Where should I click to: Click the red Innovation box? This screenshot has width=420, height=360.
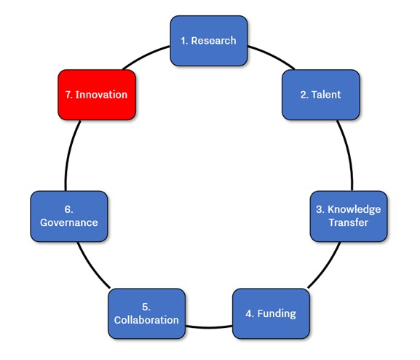click(x=97, y=95)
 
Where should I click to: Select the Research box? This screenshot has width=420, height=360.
click(x=209, y=41)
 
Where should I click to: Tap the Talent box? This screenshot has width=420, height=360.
click(x=320, y=95)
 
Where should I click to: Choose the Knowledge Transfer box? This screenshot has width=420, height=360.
click(x=349, y=216)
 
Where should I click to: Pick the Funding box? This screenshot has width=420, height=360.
click(x=271, y=313)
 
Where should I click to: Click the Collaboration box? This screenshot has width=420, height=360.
click(x=146, y=313)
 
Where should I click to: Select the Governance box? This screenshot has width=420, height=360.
click(x=69, y=216)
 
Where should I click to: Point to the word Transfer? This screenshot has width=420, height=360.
click(x=349, y=222)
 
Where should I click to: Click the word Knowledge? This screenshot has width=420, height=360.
click(x=354, y=209)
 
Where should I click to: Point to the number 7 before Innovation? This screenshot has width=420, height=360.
click(x=69, y=95)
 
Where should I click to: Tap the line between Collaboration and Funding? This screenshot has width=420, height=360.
click(x=209, y=327)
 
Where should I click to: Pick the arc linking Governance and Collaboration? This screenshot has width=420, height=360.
click(x=92, y=267)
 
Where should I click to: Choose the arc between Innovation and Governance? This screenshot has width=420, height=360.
click(x=70, y=154)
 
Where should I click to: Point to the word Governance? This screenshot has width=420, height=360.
click(x=69, y=223)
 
